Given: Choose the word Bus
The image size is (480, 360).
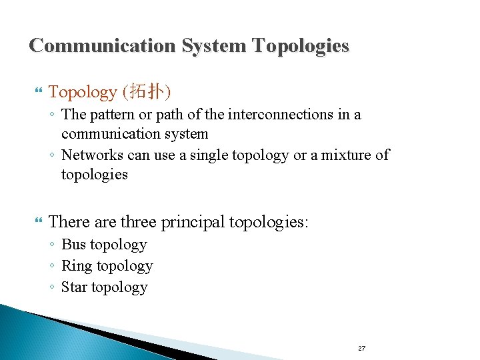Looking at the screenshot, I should (x=73, y=245).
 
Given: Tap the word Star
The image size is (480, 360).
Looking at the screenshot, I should (x=74, y=287).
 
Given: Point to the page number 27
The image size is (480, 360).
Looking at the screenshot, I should (x=362, y=349).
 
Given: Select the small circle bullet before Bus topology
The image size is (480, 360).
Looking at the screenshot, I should (x=52, y=246).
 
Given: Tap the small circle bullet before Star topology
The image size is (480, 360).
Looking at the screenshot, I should (x=52, y=289).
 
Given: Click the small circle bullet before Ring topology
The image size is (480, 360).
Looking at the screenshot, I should (x=52, y=267).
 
